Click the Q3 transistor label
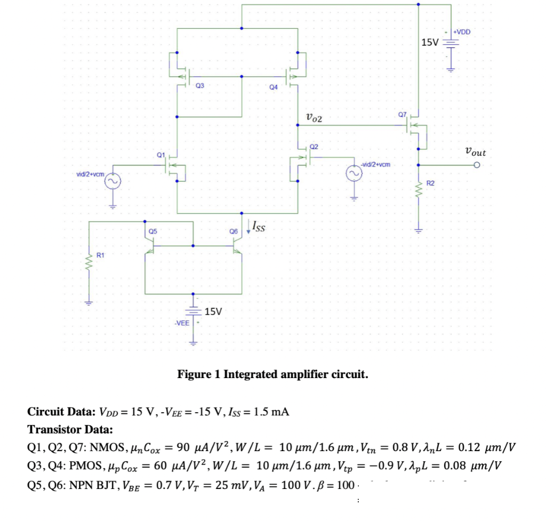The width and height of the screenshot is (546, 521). click(x=199, y=85)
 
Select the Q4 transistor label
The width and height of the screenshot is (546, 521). click(x=274, y=86)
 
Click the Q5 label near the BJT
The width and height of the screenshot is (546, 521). click(x=152, y=231)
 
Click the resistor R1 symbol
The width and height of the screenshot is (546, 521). click(x=89, y=261)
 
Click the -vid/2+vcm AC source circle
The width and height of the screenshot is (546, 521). click(x=353, y=174)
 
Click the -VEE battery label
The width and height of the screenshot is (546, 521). click(x=181, y=323)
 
